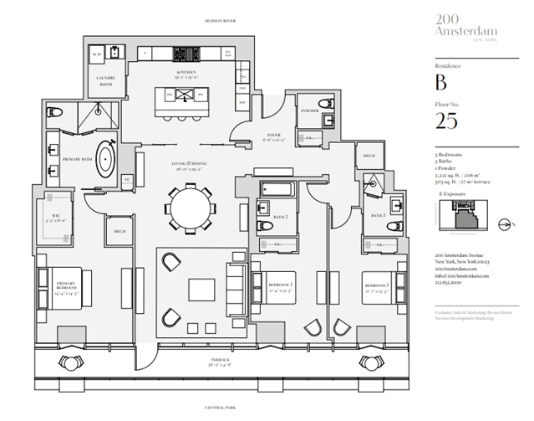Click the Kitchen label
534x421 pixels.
tap(186, 72)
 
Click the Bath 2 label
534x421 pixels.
tap(281, 217)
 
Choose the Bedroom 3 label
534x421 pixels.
tap(379, 285)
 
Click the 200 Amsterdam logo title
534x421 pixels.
tap(460, 26)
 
